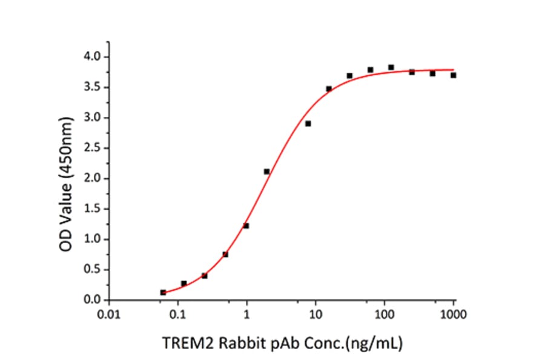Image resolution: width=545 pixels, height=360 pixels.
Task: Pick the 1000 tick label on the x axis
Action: [453, 315]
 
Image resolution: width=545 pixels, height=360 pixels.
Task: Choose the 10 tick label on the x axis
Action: [315, 315]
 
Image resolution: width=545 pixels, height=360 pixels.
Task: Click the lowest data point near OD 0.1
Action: [163, 292]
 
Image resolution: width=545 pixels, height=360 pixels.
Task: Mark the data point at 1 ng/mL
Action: [246, 226]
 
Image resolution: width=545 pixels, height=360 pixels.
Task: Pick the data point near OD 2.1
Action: [266, 172]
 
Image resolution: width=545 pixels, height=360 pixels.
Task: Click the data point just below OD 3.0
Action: [308, 124]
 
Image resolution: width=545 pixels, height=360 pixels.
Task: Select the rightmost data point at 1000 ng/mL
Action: [453, 75]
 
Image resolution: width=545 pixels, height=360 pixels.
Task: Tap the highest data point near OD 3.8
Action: [391, 67]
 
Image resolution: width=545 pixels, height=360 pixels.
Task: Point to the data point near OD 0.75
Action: [225, 255]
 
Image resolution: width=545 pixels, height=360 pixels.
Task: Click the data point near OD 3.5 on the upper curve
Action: [329, 88]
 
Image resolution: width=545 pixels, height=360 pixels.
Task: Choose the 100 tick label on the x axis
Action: [384, 315]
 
